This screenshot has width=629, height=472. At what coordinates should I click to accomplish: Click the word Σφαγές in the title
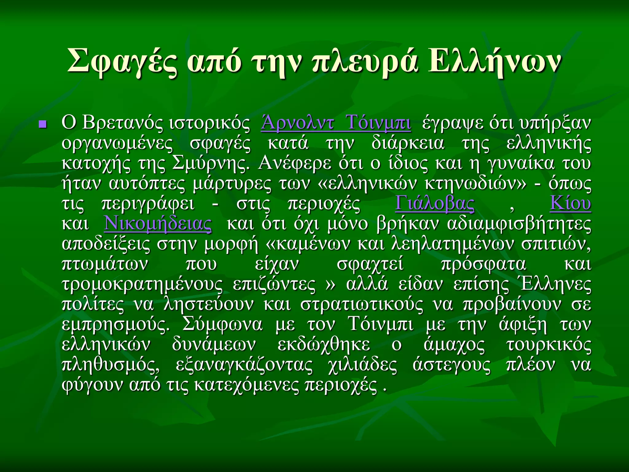pyautogui.click(x=122, y=61)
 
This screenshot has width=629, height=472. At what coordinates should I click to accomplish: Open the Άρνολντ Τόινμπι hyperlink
pyautogui.click(x=336, y=123)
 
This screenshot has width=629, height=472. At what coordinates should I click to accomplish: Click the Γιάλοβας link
pyautogui.click(x=435, y=203)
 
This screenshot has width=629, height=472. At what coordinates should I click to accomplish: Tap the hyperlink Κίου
pyautogui.click(x=570, y=203)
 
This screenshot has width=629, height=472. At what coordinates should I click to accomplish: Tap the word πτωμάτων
pyautogui.click(x=105, y=264)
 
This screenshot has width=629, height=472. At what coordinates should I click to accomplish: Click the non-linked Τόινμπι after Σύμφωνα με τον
pyautogui.click(x=381, y=324)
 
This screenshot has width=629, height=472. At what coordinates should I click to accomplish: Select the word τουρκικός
pyautogui.click(x=548, y=345)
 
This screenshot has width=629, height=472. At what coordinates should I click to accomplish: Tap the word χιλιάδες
pyautogui.click(x=362, y=365)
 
